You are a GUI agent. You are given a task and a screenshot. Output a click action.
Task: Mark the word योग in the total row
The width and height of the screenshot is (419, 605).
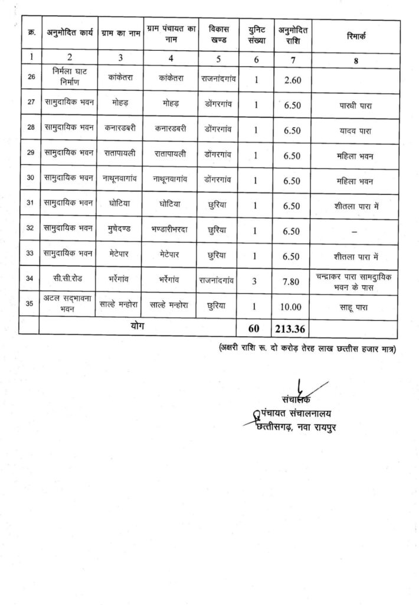pyautogui.click(x=137, y=326)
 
